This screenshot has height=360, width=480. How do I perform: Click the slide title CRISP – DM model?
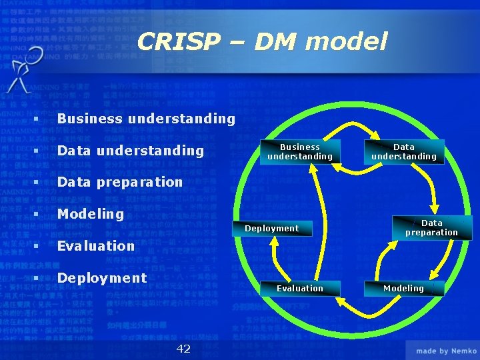click(262, 42)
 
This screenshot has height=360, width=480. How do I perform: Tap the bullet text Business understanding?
click(146, 119)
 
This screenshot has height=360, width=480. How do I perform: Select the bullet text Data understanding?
click(130, 151)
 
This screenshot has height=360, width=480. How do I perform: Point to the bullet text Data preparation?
click(119, 182)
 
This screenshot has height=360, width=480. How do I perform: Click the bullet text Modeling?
click(90, 214)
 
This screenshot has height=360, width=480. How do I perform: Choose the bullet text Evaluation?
click(95, 246)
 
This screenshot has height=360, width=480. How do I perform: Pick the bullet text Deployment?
click(101, 277)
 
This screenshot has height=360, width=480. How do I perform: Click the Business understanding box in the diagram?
click(299, 152)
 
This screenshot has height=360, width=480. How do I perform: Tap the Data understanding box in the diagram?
click(403, 152)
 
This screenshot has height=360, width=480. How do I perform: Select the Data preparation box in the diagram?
click(431, 228)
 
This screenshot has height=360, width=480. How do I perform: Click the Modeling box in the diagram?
click(403, 288)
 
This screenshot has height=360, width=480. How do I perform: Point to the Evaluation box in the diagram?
click(299, 288)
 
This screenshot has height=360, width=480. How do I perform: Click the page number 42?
click(183, 349)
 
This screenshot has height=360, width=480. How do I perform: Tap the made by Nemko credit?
click(445, 351)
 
